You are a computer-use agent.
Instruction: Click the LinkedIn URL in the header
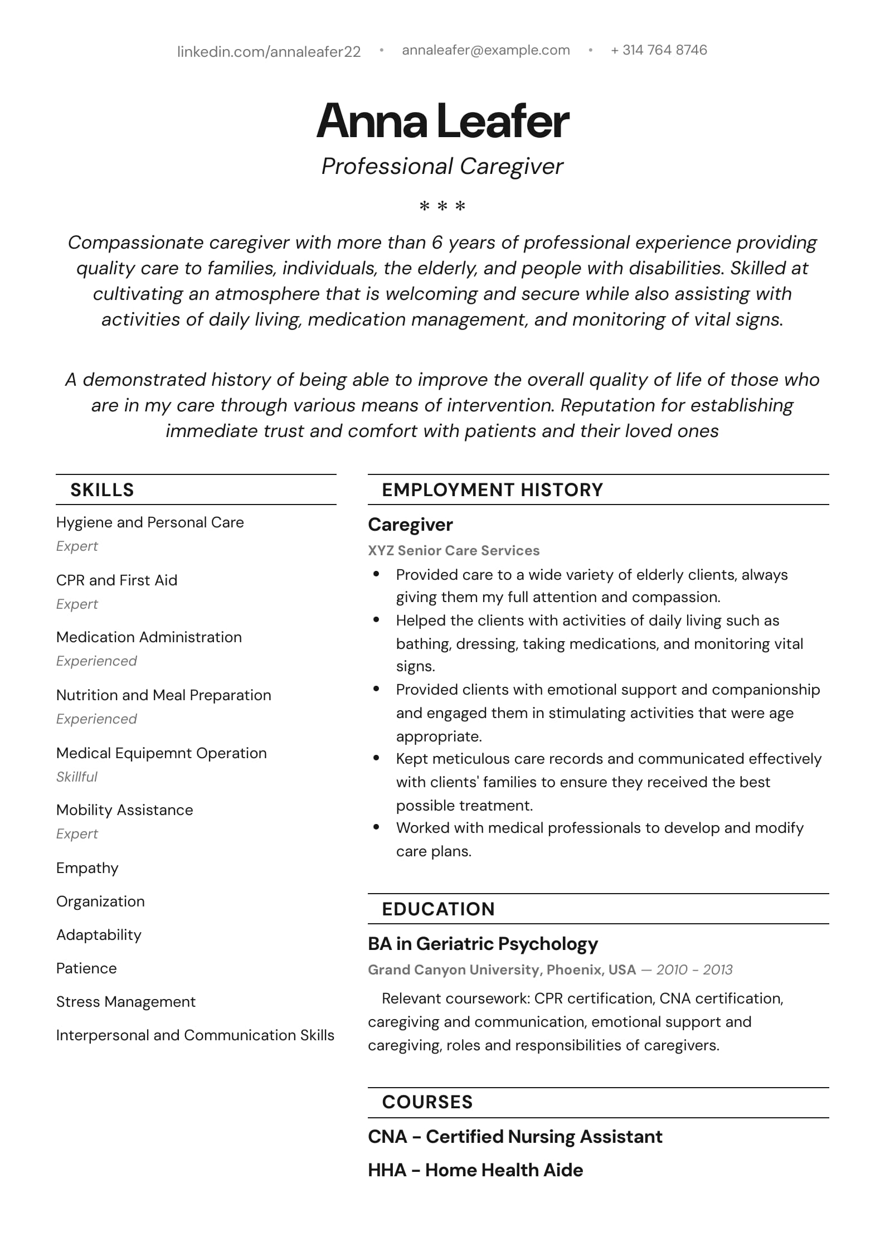269,51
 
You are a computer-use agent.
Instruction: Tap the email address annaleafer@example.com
485,50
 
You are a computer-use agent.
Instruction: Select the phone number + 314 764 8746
659,50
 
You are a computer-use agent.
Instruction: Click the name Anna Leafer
442,120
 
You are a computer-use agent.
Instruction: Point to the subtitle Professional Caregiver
442,166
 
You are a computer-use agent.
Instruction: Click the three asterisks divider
442,206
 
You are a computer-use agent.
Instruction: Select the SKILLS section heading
102,490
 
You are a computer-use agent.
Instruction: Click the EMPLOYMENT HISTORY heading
492,490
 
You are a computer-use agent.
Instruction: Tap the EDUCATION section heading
438,909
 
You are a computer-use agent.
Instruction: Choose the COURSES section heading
427,1102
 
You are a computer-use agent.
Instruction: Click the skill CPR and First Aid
116,580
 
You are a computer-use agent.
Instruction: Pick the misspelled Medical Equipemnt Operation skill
161,753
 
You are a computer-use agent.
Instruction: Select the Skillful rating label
77,777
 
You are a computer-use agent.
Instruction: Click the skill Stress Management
125,1002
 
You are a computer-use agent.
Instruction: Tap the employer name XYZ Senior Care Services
454,550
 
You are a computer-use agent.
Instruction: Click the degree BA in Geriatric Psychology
483,944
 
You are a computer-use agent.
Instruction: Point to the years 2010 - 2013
694,969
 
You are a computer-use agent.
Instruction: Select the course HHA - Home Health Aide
475,1170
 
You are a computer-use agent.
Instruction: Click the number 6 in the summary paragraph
437,243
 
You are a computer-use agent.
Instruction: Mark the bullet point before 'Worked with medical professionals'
377,827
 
